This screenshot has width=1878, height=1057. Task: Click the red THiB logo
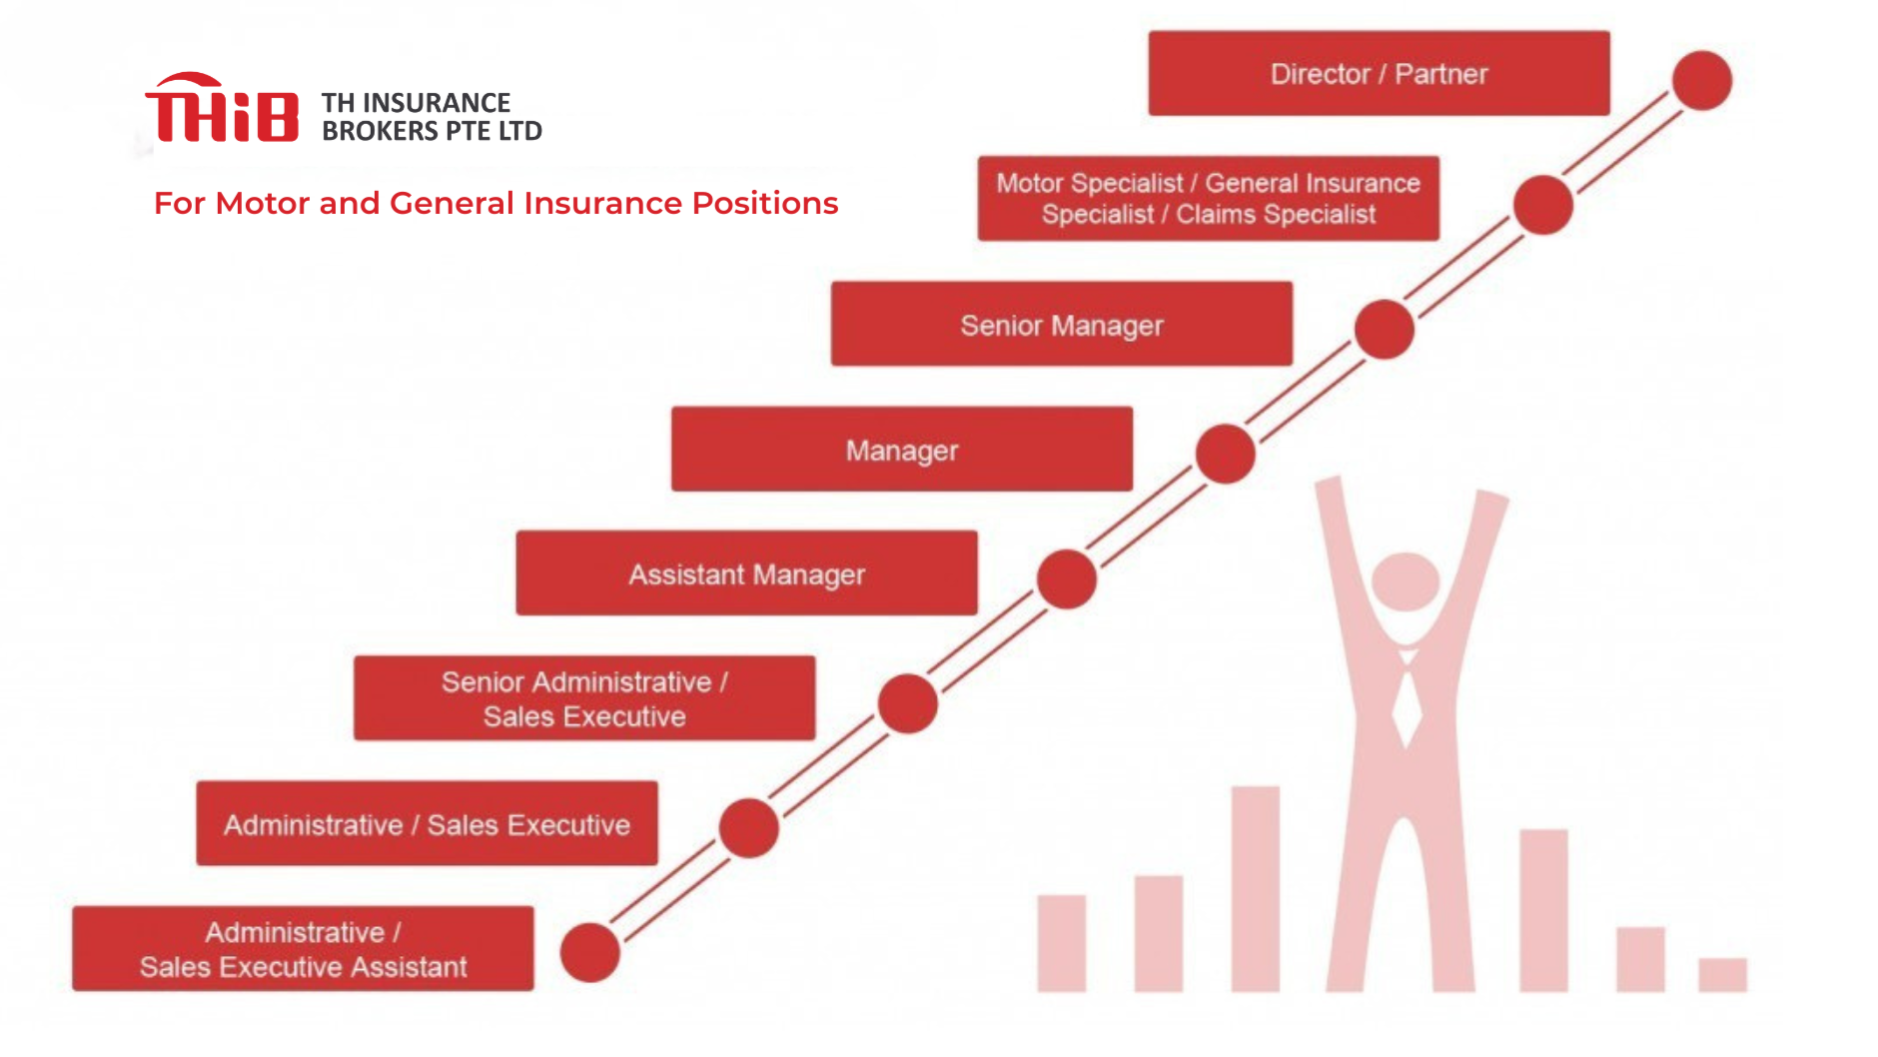tap(222, 108)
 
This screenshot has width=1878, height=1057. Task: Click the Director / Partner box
tap(1379, 73)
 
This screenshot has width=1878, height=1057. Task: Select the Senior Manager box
tap(1061, 324)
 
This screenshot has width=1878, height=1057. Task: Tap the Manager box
tap(901, 449)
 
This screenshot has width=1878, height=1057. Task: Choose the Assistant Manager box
tap(746, 572)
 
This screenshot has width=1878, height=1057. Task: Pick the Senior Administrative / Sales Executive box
tap(584, 697)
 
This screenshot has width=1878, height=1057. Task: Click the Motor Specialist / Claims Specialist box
tap(1208, 198)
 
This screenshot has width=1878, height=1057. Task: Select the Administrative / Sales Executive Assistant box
tap(303, 948)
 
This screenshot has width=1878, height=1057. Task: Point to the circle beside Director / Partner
tap(1701, 80)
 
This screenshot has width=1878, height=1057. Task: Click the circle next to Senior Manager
tap(1384, 330)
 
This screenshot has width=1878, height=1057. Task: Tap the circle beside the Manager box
tap(1225, 454)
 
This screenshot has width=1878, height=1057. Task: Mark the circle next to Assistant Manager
tap(1066, 578)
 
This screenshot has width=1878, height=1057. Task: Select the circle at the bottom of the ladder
tap(589, 952)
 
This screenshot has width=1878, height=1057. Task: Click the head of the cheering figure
tap(1406, 581)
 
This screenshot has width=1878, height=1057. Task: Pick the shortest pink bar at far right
tap(1722, 974)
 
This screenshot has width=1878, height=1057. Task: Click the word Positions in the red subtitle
tap(765, 203)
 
